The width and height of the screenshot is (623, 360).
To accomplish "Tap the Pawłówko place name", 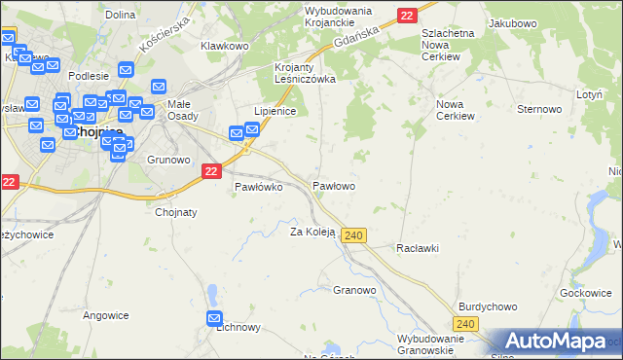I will click(x=258, y=188).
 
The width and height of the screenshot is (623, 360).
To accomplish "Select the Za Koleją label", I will click(x=312, y=232).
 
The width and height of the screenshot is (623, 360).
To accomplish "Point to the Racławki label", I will click(x=418, y=248).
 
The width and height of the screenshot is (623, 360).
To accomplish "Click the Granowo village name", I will click(x=354, y=290).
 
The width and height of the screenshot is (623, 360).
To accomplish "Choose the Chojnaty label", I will click(x=176, y=212).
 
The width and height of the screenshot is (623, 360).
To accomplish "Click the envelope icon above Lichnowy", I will click(x=215, y=318).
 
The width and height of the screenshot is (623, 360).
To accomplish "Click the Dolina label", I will click(x=120, y=15).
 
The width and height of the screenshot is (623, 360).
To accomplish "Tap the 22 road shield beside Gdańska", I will click(x=407, y=15).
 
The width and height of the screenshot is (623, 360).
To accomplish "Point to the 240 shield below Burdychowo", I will click(x=466, y=324).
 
